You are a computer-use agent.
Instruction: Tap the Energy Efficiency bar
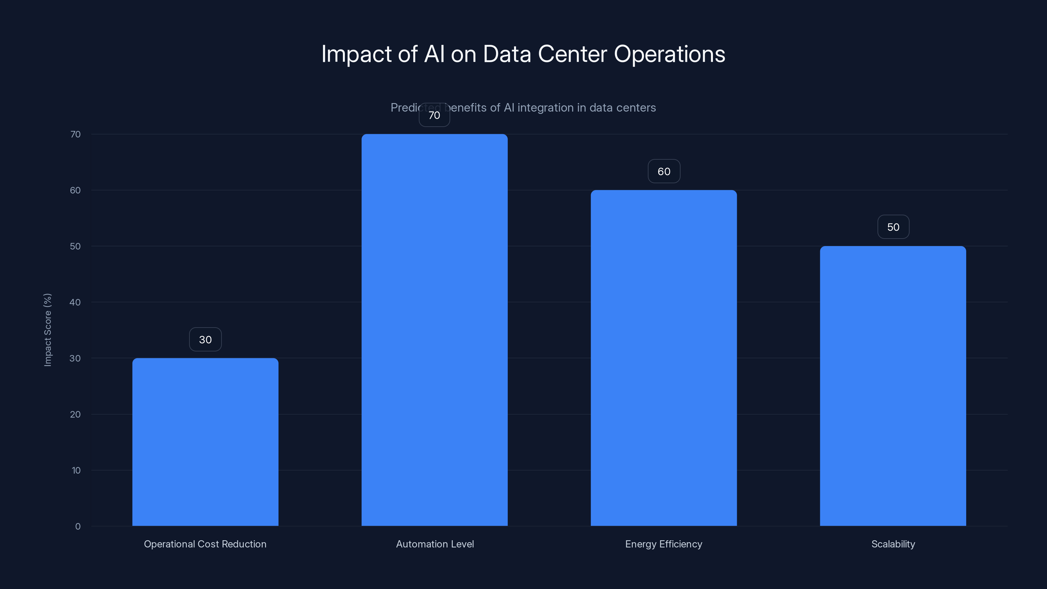click(x=664, y=358)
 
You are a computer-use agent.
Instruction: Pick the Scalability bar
click(x=893, y=386)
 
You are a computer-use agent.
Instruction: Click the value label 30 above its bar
click(x=205, y=339)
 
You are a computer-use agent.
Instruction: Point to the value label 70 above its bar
click(x=435, y=116)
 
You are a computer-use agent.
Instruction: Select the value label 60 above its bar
click(x=664, y=171)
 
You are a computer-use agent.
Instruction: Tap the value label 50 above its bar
click(x=893, y=227)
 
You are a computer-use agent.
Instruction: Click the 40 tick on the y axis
click(x=75, y=302)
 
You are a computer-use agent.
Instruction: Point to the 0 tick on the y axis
click(x=78, y=527)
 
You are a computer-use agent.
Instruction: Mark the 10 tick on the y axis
click(x=76, y=470)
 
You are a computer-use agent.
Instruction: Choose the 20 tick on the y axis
click(x=75, y=414)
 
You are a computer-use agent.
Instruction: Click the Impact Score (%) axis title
click(x=47, y=330)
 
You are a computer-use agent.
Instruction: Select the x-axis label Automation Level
click(x=435, y=544)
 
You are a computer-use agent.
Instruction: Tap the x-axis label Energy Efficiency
click(x=664, y=544)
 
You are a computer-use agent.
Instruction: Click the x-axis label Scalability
click(x=893, y=544)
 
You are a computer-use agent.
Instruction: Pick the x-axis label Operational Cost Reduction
click(x=205, y=544)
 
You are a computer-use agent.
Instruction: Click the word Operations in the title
click(x=669, y=54)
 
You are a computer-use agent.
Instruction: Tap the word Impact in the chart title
click(x=356, y=54)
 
